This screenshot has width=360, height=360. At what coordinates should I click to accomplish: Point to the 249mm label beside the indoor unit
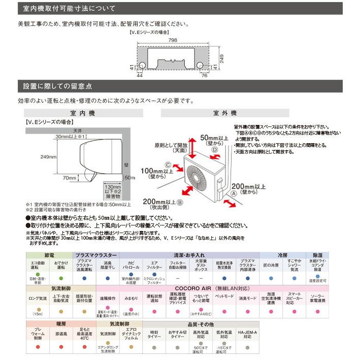[35, 157]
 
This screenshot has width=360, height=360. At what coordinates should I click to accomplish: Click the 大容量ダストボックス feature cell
[201, 264]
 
